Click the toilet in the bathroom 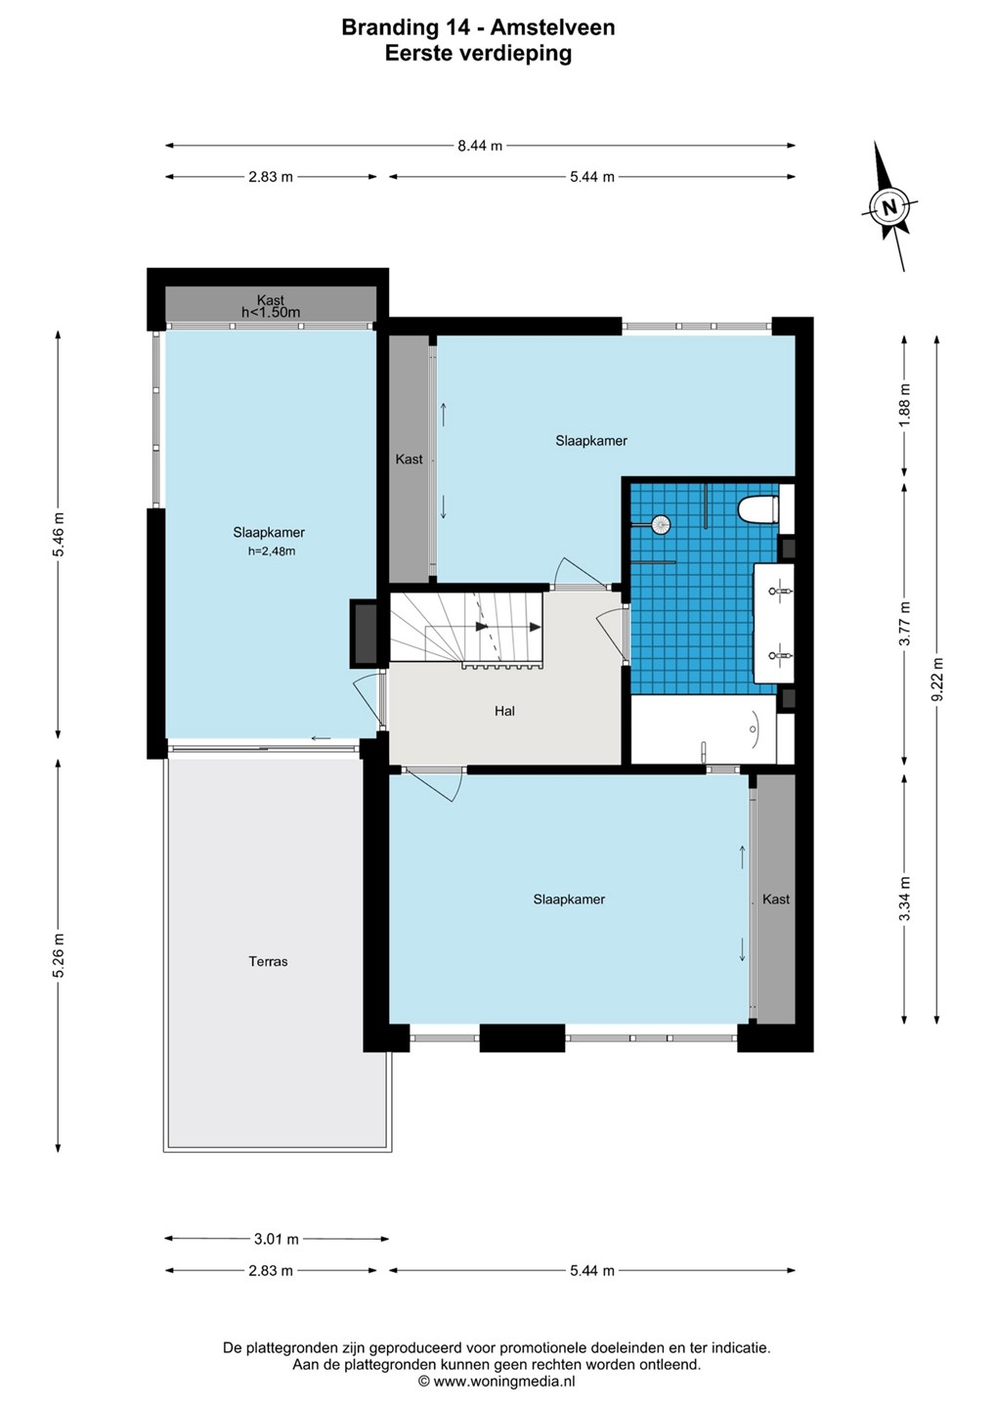click(x=758, y=509)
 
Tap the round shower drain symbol click(x=661, y=524)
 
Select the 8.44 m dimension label click(x=480, y=146)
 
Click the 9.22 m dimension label click(x=937, y=680)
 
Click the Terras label click(x=268, y=961)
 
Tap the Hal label click(x=504, y=711)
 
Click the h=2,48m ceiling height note click(x=272, y=551)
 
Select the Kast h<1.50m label click(x=271, y=306)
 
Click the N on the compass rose click(x=888, y=207)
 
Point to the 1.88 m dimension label click(x=904, y=406)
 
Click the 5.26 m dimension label click(x=59, y=955)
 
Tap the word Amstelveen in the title click(x=552, y=27)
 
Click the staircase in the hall click(x=466, y=628)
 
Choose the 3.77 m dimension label click(x=904, y=624)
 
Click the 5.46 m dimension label click(x=59, y=534)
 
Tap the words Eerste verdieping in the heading click(x=478, y=54)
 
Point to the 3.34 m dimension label click(x=904, y=899)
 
